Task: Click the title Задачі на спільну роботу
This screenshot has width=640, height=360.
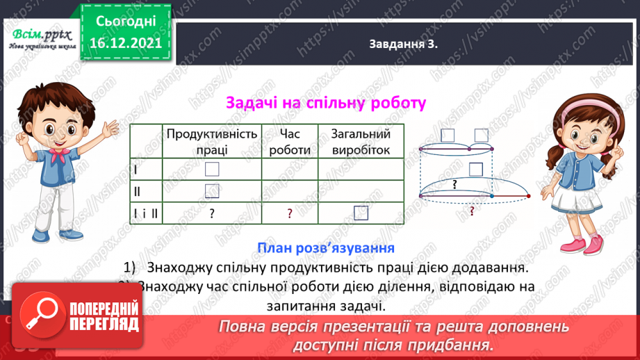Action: point(325,104)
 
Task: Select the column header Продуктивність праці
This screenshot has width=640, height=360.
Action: point(211,141)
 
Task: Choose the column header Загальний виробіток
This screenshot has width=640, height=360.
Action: point(360,141)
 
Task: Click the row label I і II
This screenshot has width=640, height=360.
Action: point(145,213)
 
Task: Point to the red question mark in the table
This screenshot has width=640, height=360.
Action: point(290,214)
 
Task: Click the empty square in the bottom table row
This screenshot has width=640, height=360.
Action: point(361,213)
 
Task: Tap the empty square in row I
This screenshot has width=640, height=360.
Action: point(212,169)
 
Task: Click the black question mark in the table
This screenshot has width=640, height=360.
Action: point(211,214)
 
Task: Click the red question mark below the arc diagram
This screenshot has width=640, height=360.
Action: point(473,211)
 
